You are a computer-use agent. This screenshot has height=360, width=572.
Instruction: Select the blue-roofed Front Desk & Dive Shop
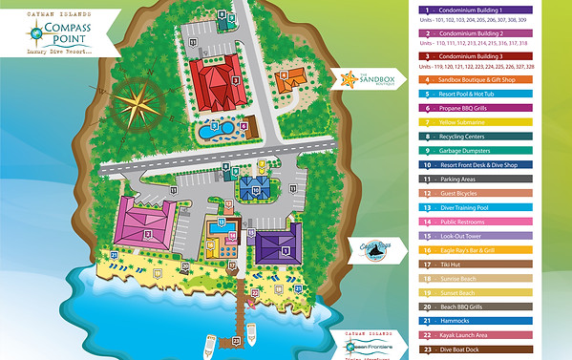(x=256, y=188)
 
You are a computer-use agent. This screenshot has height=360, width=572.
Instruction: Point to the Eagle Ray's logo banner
(x=367, y=250)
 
